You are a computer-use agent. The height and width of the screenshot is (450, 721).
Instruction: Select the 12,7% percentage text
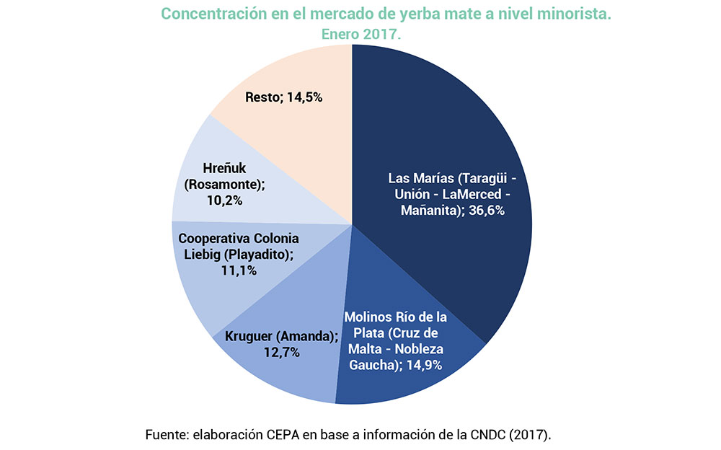282,353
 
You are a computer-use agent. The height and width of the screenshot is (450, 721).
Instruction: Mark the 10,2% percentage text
224,200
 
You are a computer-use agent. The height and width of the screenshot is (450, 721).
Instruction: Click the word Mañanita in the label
430,211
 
